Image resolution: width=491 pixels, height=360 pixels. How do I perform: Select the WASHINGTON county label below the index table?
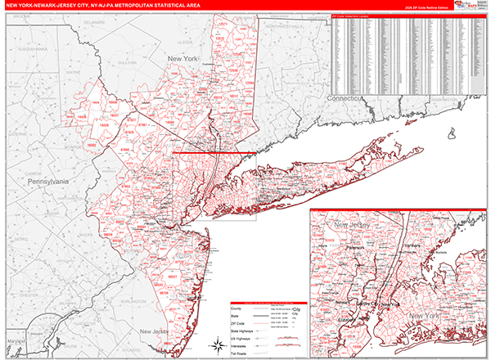coord(443,99)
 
